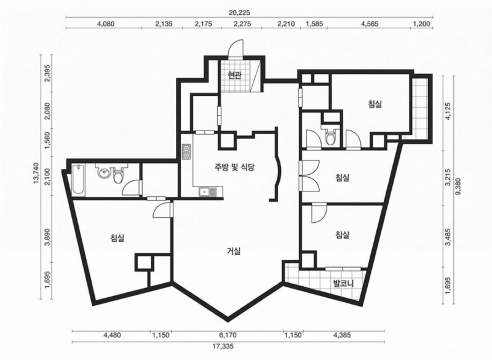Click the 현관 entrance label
[x=234, y=75]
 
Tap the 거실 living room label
[x=234, y=251]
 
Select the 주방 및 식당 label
[x=234, y=167]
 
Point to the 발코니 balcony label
[x=344, y=284]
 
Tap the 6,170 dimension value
[x=228, y=335]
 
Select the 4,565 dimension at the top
[x=370, y=24]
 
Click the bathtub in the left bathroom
[x=78, y=180]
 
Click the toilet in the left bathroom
[x=118, y=175]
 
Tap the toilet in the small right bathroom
[x=330, y=135]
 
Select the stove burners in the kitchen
[x=186, y=151]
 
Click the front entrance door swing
[x=236, y=49]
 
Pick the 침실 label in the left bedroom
[x=117, y=238]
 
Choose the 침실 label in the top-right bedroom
[x=375, y=104]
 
